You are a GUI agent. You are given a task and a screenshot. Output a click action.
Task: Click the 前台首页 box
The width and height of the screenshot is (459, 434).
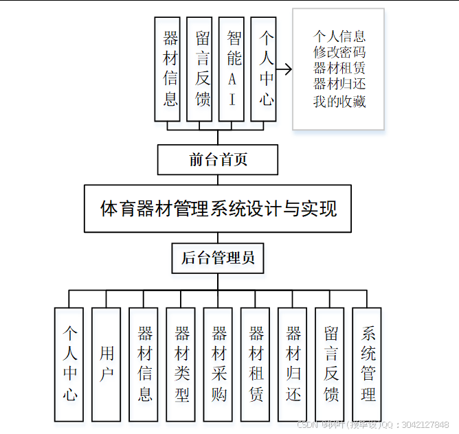point(218,160)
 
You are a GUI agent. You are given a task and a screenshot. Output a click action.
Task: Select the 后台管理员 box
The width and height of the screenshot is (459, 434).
point(218,258)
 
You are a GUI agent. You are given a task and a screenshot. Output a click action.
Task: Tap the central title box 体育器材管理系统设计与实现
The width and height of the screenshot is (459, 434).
point(218,208)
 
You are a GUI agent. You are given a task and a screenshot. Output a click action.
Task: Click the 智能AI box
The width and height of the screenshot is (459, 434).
point(232,69)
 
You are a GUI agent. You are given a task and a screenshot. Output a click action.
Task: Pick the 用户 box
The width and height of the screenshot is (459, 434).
point(107,363)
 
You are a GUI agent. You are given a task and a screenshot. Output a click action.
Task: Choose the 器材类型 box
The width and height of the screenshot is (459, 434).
point(181,363)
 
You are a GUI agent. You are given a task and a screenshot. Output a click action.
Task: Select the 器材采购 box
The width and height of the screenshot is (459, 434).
point(218,363)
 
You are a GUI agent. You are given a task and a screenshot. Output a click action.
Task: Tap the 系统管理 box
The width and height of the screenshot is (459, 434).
point(367,363)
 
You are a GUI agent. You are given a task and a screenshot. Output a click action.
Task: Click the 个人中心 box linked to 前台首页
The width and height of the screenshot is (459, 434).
point(264,69)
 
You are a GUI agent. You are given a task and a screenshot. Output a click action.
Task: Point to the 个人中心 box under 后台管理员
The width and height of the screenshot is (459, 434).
point(69,363)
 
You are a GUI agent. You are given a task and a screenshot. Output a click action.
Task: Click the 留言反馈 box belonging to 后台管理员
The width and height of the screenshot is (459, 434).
point(330,363)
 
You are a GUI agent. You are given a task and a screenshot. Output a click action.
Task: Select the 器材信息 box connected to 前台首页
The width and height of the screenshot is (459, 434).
point(168,69)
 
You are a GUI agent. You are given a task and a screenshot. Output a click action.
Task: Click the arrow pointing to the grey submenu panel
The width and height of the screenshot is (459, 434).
point(284,69)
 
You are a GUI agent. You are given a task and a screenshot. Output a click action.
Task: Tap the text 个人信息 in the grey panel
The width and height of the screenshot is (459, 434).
point(339,36)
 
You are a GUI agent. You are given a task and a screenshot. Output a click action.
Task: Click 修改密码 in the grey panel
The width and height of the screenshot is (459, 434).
point(339,52)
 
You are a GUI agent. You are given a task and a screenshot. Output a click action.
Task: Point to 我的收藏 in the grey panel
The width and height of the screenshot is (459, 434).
point(339,102)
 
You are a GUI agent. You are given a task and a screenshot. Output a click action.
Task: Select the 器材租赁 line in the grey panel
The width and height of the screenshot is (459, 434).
point(339,69)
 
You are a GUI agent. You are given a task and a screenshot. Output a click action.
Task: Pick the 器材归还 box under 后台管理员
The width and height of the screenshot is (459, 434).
point(293,363)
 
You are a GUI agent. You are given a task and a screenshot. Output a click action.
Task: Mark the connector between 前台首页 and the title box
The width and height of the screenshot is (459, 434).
point(218,179)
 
